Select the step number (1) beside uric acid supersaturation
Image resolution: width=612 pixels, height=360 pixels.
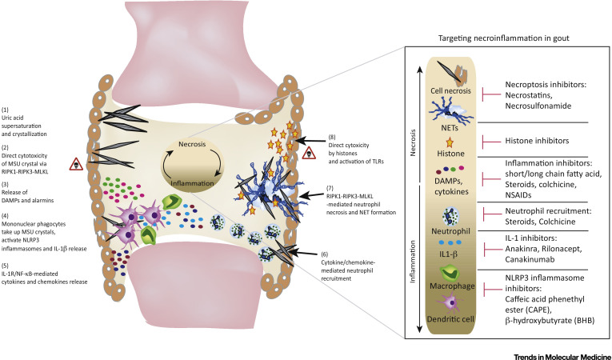pos(6,110)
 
